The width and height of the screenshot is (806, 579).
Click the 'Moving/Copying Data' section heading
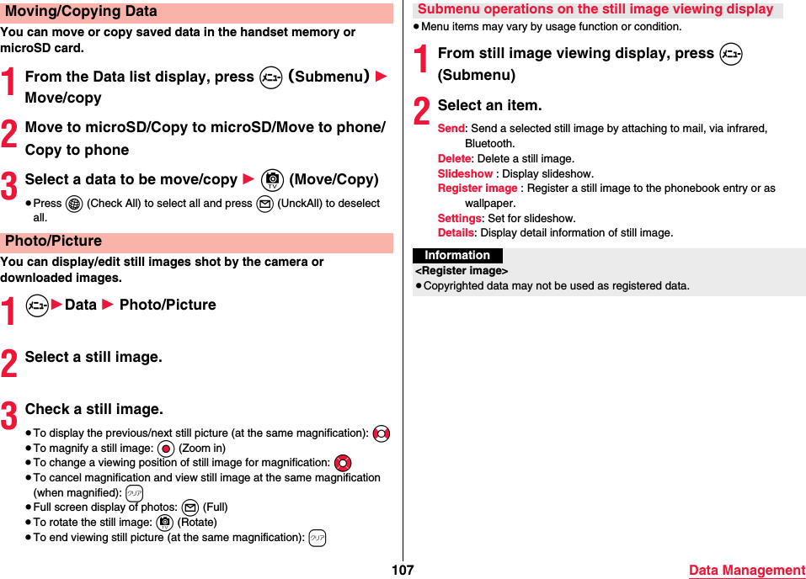[x=81, y=12]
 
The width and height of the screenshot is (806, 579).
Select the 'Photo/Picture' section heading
[x=54, y=242]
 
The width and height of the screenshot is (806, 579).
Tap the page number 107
[x=403, y=571]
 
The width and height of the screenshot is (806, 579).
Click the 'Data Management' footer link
[x=746, y=571]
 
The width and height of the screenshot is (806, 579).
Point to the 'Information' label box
[x=457, y=256]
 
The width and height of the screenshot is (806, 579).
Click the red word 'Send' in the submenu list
[x=451, y=129]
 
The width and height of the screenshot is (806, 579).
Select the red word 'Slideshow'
[x=465, y=174]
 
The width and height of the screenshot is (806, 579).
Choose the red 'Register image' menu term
[x=478, y=189]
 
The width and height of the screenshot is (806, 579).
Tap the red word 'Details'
[x=456, y=233]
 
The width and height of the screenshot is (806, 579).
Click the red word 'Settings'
[x=459, y=219]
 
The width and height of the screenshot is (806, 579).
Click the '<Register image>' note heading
[x=462, y=271]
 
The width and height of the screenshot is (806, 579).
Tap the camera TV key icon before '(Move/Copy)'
[x=272, y=180]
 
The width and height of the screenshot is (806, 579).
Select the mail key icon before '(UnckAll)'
[x=264, y=204]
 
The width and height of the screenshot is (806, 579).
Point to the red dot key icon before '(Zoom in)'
[x=165, y=449]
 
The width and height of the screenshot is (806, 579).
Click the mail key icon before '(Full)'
[x=189, y=507]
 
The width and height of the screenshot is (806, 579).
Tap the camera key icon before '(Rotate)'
[x=164, y=523]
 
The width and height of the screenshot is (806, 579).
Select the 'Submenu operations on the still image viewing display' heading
[x=595, y=9]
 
